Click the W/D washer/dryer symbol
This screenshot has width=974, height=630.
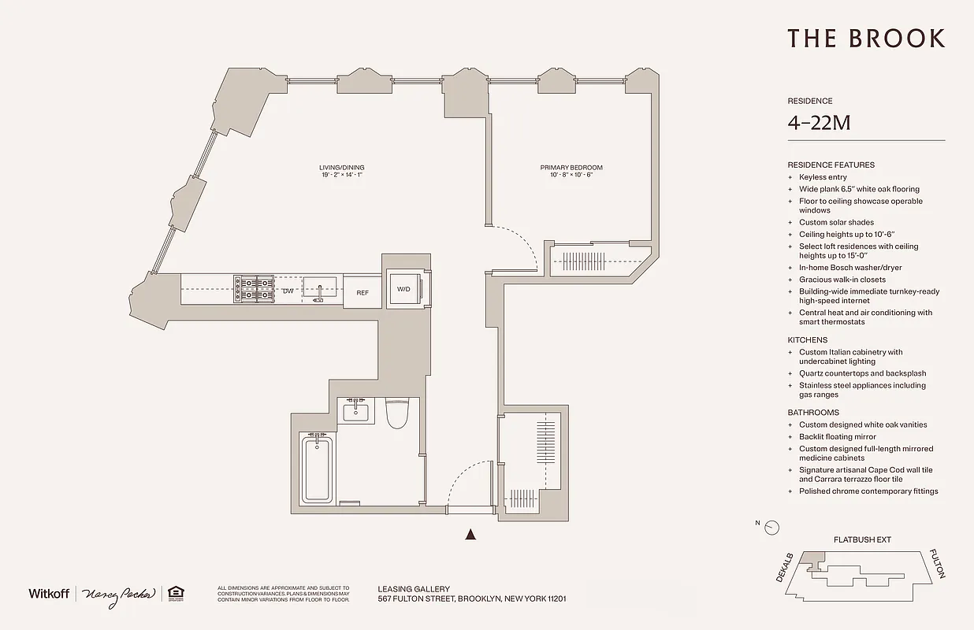(404, 289)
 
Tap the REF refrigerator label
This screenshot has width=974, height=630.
(362, 292)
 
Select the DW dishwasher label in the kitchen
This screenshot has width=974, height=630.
(288, 291)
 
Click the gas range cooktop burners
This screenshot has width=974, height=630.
(253, 289)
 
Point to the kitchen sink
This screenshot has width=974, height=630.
(320, 289)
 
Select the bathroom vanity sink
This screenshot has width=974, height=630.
(356, 411)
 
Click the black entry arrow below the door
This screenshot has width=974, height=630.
(471, 535)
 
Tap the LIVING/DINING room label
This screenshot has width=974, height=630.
(341, 168)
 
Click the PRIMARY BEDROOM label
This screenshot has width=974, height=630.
(571, 168)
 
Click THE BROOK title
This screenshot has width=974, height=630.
(866, 39)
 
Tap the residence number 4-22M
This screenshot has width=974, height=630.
(818, 123)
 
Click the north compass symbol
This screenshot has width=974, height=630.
(771, 527)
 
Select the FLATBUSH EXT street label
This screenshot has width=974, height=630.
(862, 540)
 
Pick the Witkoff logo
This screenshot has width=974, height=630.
(49, 594)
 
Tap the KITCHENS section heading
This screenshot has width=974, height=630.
(808, 340)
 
